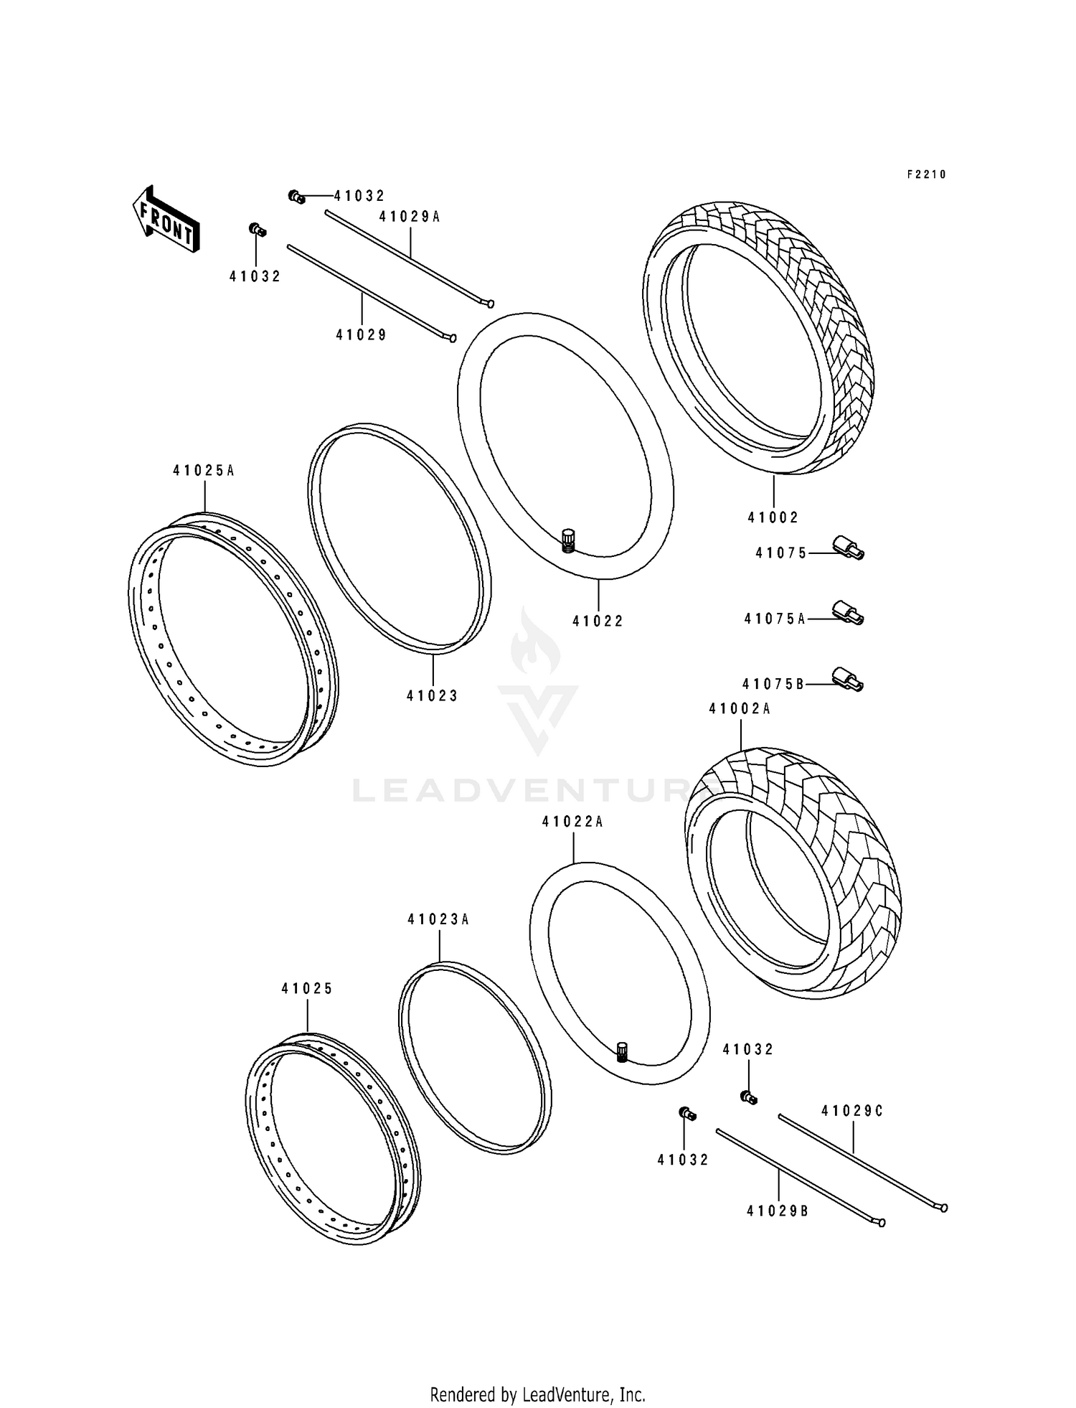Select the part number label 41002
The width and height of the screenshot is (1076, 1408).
click(x=773, y=517)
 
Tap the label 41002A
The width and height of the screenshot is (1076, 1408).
click(x=740, y=708)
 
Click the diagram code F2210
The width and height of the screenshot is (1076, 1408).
click(x=927, y=174)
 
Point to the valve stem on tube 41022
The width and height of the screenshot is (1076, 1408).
click(x=568, y=540)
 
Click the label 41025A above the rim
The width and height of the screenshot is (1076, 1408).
click(x=204, y=471)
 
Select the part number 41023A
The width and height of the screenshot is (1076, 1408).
click(x=438, y=919)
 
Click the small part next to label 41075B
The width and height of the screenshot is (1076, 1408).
click(x=847, y=679)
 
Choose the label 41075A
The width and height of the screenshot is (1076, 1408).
click(x=775, y=619)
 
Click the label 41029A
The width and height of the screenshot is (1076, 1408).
click(x=410, y=216)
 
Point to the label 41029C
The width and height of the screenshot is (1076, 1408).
click(x=852, y=1112)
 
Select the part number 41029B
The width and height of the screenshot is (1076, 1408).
click(x=778, y=1211)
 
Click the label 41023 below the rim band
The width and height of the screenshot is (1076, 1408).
click(x=432, y=695)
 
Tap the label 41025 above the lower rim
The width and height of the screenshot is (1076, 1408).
click(x=307, y=988)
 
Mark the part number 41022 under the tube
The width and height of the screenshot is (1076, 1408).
click(x=598, y=621)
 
